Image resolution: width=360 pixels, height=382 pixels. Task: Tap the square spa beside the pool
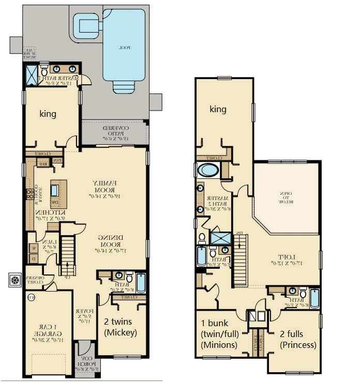point(85,25)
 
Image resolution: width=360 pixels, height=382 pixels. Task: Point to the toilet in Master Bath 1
point(45,71)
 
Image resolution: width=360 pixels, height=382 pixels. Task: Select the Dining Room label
point(111,242)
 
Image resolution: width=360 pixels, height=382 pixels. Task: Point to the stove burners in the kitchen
point(29,194)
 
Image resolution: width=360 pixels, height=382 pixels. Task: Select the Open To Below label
point(286,196)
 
